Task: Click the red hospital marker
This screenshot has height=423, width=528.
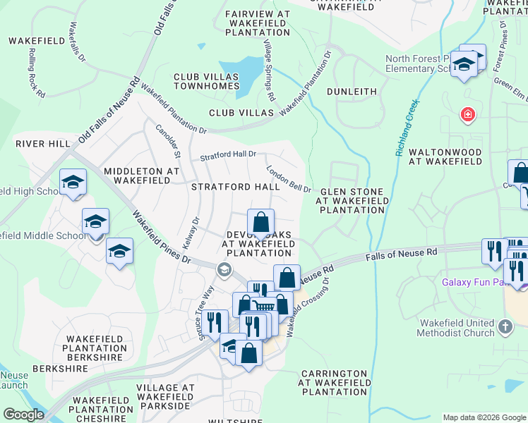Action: click(467, 114)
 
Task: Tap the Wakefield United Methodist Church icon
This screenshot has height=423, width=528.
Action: click(505, 326)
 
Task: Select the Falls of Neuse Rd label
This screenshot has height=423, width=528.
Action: click(401, 254)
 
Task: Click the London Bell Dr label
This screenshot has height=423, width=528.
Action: click(289, 179)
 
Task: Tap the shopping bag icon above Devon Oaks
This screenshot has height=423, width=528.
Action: click(260, 222)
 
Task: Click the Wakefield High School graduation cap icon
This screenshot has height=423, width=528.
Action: click(73, 183)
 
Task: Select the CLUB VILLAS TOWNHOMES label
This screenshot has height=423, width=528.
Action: click(208, 81)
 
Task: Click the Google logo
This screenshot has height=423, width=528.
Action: click(23, 415)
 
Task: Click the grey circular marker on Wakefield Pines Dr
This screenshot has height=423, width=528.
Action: click(224, 269)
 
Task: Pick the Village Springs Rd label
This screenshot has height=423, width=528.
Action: click(268, 69)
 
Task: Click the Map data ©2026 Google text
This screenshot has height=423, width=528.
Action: click(484, 417)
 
